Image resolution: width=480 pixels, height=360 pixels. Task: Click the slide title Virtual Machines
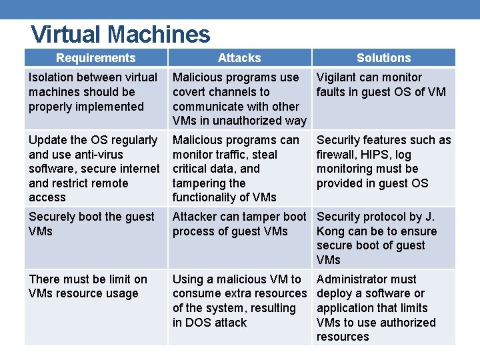[121, 34]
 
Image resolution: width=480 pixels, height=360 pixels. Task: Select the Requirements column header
[95, 58]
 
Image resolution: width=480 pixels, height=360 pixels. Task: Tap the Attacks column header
[239, 58]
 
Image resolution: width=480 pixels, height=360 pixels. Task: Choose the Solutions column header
[383, 58]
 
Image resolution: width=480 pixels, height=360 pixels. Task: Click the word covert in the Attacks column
[190, 92]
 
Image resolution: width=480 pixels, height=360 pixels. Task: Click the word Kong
[332, 231]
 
